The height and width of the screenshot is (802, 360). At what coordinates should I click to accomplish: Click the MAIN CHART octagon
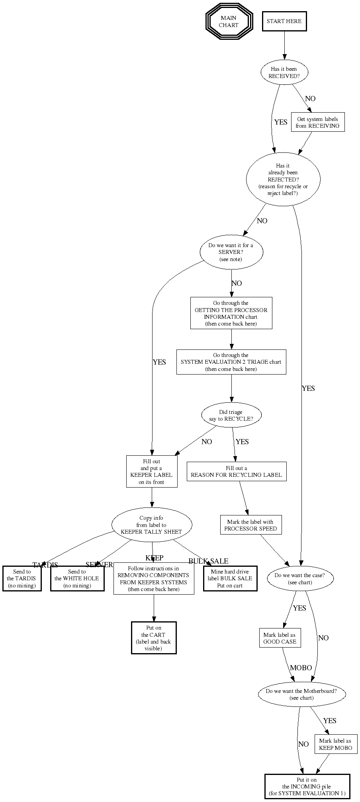click(x=229, y=21)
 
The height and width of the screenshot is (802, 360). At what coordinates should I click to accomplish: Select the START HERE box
click(x=284, y=21)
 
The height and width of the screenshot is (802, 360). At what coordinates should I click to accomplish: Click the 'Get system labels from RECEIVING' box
click(x=317, y=123)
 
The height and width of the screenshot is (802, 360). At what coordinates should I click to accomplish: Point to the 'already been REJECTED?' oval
click(x=283, y=180)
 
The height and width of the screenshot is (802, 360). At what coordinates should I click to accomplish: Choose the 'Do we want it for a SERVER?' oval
click(x=231, y=252)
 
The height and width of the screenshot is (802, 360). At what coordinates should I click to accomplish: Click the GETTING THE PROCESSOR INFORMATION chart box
click(x=231, y=313)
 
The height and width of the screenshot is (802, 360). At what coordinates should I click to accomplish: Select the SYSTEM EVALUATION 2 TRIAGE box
click(x=231, y=362)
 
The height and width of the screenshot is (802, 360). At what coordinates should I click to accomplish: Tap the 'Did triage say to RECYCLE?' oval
click(x=231, y=416)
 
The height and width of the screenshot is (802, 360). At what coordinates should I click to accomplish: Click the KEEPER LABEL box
click(x=152, y=472)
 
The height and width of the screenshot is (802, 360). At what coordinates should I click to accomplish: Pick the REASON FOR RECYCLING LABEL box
click(x=236, y=472)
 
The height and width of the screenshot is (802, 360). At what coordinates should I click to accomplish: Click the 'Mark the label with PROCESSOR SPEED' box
click(x=250, y=525)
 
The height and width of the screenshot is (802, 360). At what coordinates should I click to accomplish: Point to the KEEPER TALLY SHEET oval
click(x=151, y=525)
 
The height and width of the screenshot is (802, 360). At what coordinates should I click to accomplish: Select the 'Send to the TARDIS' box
click(x=22, y=579)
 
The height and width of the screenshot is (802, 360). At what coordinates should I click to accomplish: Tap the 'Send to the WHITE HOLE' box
click(x=77, y=579)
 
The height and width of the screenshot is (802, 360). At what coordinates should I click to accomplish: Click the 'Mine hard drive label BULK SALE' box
click(x=230, y=579)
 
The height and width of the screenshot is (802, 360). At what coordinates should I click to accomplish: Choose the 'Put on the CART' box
click(x=154, y=638)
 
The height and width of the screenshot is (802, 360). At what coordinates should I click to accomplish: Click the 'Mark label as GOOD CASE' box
click(x=280, y=638)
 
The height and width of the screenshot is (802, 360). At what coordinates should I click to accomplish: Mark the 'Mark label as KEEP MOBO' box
click(x=335, y=744)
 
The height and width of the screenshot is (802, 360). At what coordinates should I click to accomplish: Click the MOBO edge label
click(x=301, y=668)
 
